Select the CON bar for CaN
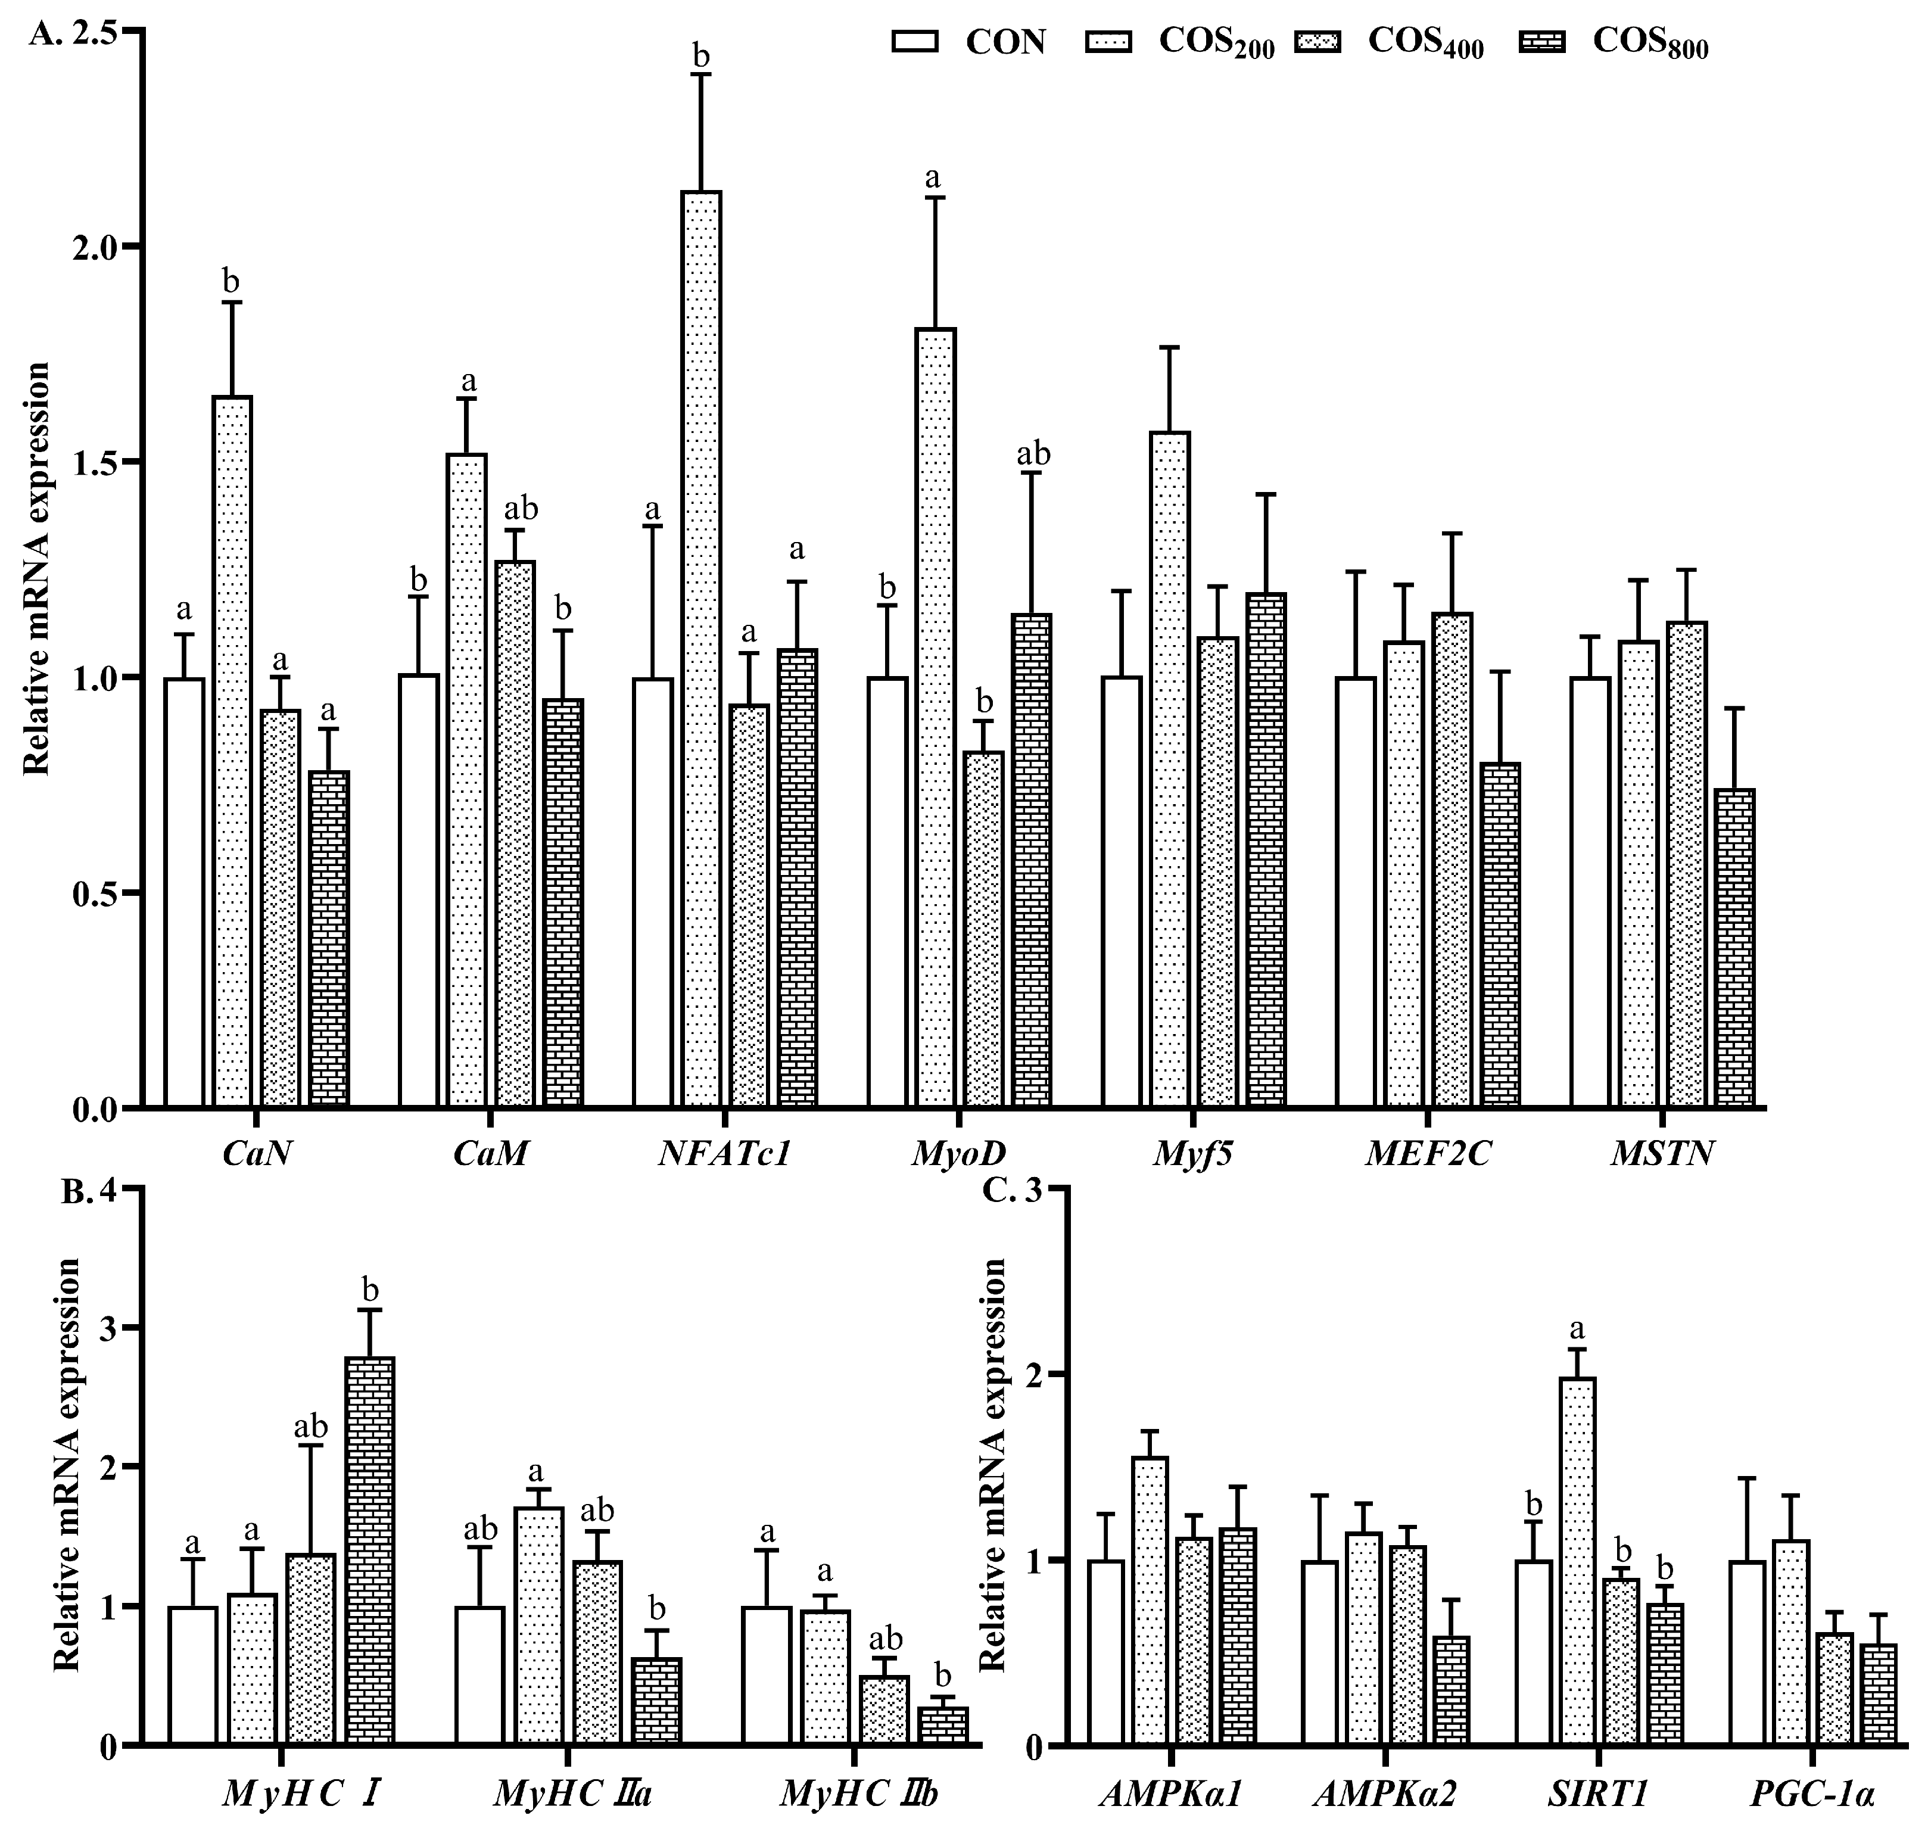185,892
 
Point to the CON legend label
1005,42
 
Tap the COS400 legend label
1425,42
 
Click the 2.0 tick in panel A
95,247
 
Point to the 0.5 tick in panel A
95,892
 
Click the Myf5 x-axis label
1192,1154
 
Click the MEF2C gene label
1428,1154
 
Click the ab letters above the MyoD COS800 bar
1033,454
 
